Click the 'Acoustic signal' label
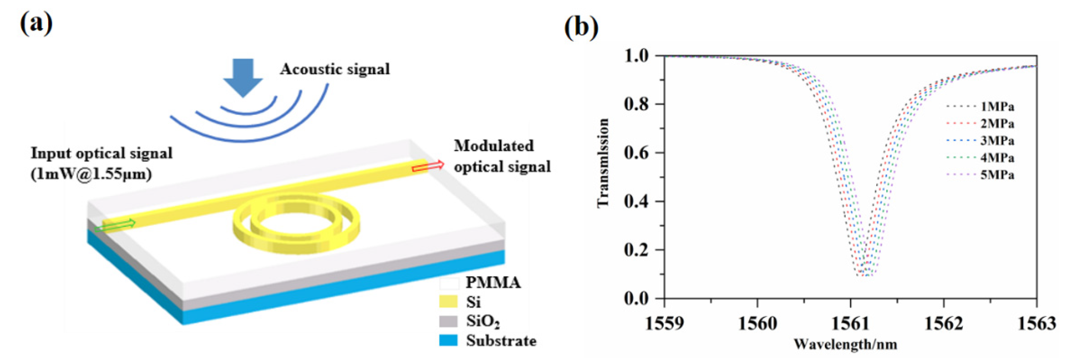(x=335, y=69)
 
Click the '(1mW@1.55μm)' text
(x=91, y=174)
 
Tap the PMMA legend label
(x=493, y=282)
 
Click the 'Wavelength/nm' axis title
(x=845, y=344)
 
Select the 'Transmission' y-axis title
(x=603, y=162)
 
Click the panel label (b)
(x=581, y=27)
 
